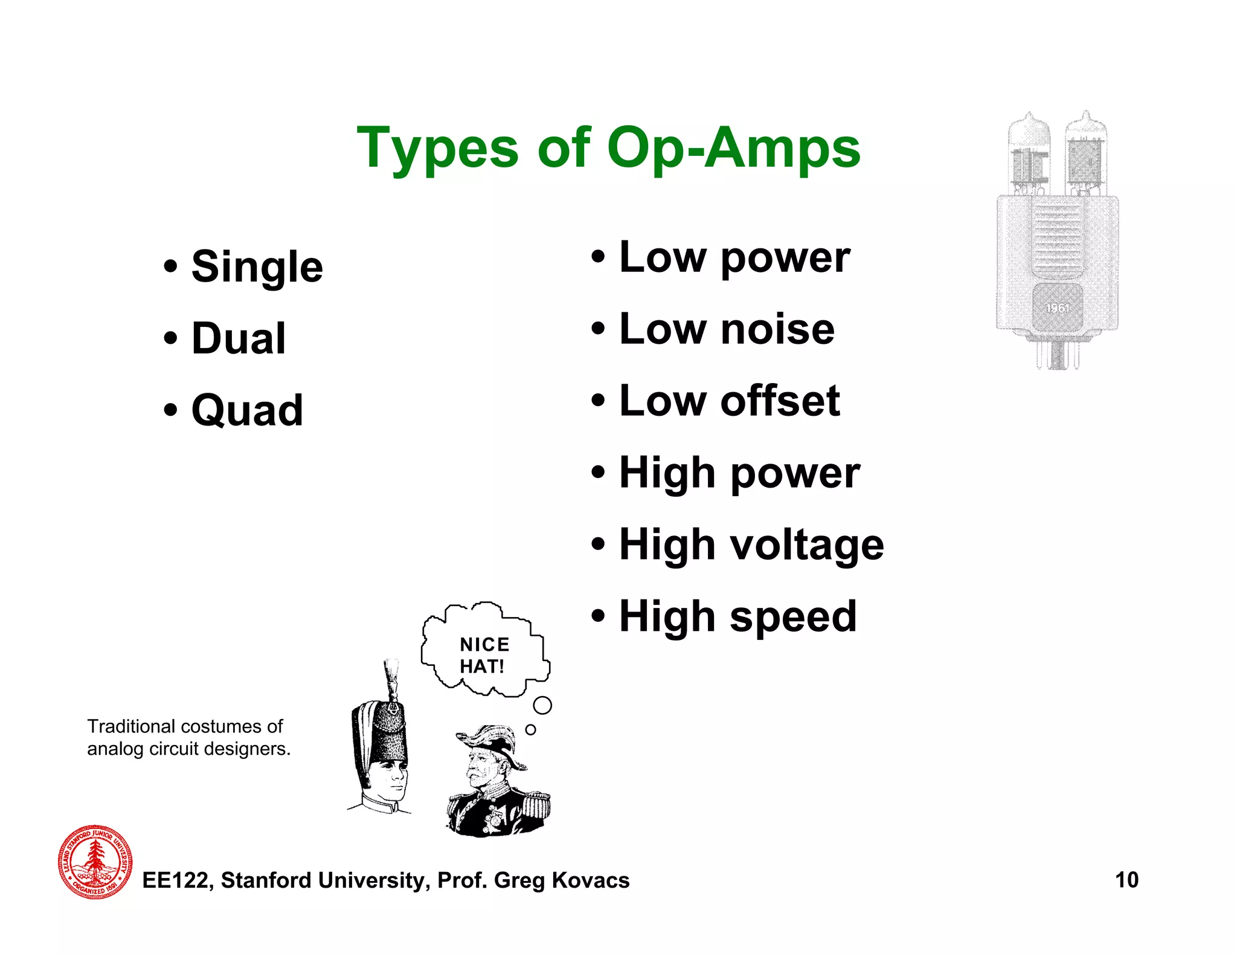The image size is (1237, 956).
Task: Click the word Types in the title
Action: (437, 149)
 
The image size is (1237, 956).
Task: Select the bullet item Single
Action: (257, 267)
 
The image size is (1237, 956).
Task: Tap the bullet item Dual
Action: (238, 338)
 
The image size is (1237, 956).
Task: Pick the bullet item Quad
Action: (246, 410)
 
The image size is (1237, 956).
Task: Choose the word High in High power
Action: (667, 473)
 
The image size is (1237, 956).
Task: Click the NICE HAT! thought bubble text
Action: (484, 655)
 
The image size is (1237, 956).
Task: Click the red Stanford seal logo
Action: (95, 861)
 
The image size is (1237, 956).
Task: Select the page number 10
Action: (1126, 880)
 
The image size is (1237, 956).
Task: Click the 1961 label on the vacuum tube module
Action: (1057, 308)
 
